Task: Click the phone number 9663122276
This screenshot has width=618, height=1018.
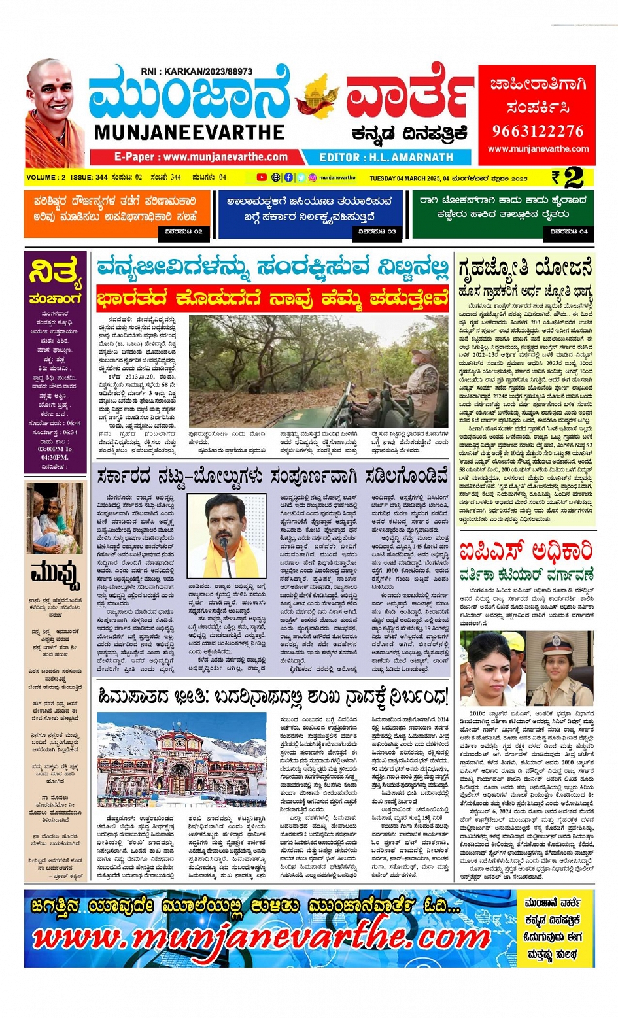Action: tap(537, 131)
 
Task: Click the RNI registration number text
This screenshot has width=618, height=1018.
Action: tap(196, 71)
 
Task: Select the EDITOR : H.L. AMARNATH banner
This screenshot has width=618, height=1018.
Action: tap(386, 158)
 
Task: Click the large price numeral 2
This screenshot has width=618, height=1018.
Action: tap(573, 177)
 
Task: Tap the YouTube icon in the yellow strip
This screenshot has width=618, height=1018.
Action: tap(262, 177)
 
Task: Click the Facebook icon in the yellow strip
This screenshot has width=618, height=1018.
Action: tap(288, 177)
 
